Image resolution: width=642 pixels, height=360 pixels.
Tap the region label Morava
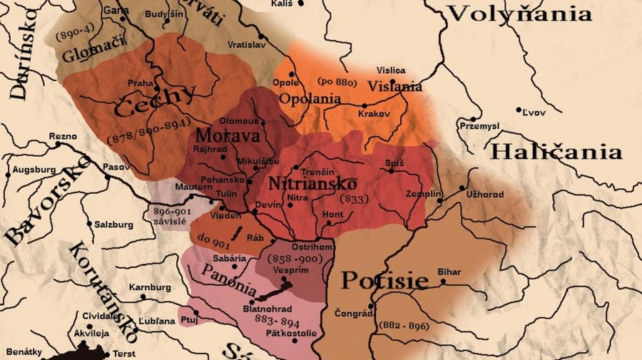[217, 135]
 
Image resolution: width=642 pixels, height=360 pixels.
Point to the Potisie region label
[384, 280]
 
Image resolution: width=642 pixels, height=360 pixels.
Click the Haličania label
[556, 152]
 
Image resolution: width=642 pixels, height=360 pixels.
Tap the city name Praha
[141, 83]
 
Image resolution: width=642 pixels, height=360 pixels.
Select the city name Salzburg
[113, 224]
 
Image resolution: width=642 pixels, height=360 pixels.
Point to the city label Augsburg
[34, 170]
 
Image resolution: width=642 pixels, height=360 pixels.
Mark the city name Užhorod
[486, 195]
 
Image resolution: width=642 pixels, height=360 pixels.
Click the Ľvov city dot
[519, 110]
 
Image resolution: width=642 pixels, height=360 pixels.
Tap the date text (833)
[355, 199]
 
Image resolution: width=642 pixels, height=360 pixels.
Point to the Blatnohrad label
[265, 309]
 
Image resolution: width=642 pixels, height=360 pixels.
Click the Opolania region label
[311, 99]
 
